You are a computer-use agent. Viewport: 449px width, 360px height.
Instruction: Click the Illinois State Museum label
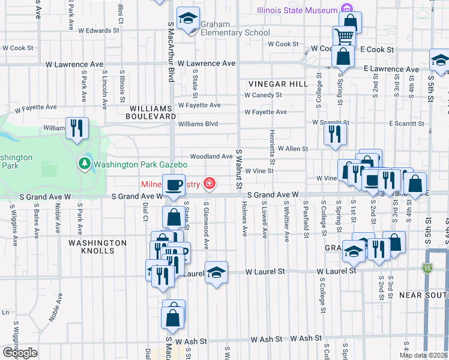(x=297, y=10)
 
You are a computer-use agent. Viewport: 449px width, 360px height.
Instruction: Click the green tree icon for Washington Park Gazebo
(x=85, y=163)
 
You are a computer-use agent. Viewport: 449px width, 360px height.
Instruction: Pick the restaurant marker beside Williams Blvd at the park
(x=77, y=127)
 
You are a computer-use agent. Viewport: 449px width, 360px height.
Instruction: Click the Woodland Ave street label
(x=212, y=157)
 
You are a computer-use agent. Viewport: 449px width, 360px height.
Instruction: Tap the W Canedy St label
(x=263, y=95)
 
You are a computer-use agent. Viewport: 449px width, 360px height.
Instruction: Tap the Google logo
(x=20, y=353)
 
